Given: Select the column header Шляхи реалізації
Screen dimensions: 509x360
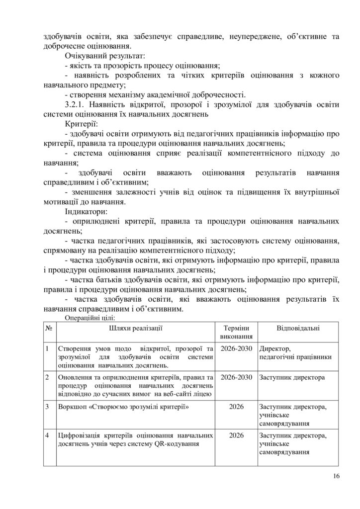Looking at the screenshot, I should click(135, 328).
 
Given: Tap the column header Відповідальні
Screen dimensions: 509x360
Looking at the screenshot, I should click(298, 328).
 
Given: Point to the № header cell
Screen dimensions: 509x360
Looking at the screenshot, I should click(50, 328).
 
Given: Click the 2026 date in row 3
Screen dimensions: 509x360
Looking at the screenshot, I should click(236, 407).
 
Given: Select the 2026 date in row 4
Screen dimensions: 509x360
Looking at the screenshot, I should click(236, 435).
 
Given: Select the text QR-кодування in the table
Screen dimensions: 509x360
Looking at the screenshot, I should click(178, 444).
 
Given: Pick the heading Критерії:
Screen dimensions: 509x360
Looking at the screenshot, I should click(82, 123).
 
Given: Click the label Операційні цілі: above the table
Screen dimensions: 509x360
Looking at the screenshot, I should click(90, 317).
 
